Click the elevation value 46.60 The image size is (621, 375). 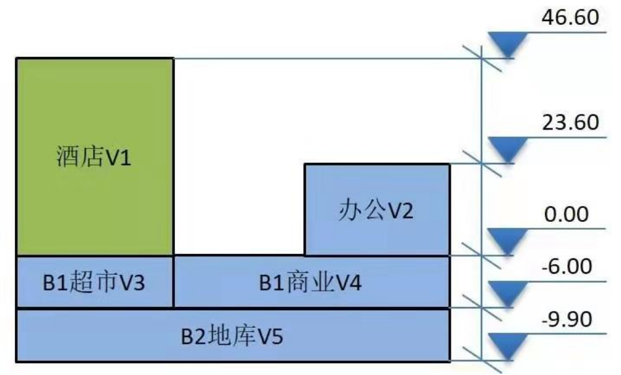coord(570,18)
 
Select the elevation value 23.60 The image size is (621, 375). coord(570,122)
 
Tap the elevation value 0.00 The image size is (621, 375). coord(567,215)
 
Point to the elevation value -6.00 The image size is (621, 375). coord(567,266)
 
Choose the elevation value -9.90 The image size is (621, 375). coord(567,319)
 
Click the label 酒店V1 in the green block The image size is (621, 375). coord(94,156)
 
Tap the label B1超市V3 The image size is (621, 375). coord(94,283)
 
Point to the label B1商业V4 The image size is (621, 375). coord(310,283)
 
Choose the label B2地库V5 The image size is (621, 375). coord(232,336)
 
